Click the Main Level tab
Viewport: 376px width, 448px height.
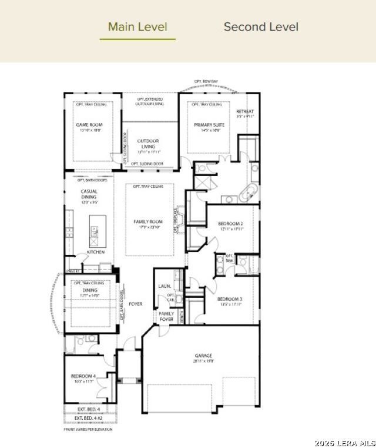[x=137, y=27]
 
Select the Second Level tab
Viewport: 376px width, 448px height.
[x=261, y=27]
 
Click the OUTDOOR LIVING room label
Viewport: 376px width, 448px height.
[x=148, y=144]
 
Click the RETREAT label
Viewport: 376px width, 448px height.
[x=245, y=111]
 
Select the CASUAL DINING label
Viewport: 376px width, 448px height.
[x=89, y=195]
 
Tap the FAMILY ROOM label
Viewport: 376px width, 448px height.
[x=148, y=222]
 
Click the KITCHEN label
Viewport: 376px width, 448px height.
[x=96, y=251]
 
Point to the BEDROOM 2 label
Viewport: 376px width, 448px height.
[x=230, y=224]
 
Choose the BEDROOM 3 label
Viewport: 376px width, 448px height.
[x=230, y=299]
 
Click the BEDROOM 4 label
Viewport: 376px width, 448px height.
[x=83, y=376]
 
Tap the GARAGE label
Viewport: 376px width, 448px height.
[x=204, y=356]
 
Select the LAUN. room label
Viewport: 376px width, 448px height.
[x=164, y=286]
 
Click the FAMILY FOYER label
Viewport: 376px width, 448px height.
[x=166, y=317]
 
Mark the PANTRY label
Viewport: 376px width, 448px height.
[x=73, y=271]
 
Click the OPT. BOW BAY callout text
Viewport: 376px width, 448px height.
[x=206, y=81]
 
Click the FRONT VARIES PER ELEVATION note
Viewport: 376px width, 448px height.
[x=88, y=429]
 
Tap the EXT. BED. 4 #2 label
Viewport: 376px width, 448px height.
[x=89, y=419]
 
